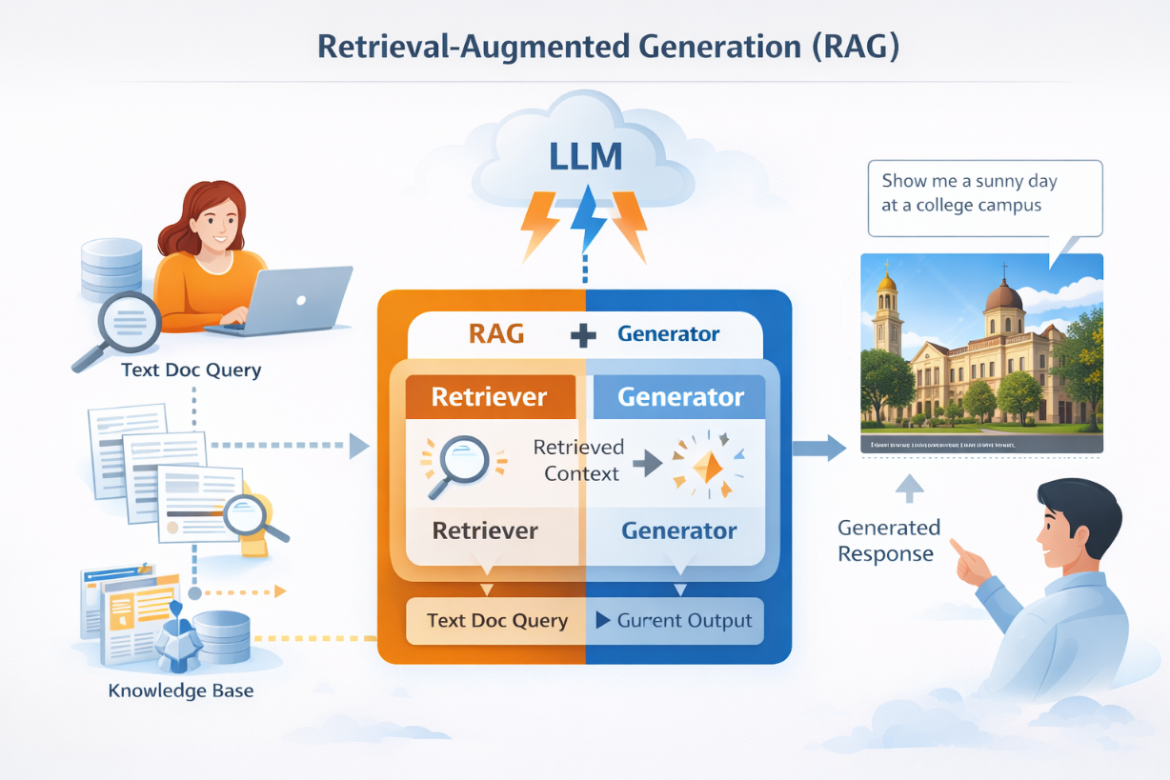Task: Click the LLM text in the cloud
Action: tap(585, 156)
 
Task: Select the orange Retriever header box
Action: tap(490, 396)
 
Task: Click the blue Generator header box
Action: tap(679, 396)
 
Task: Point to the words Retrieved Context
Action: tap(578, 460)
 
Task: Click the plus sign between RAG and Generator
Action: tap(583, 335)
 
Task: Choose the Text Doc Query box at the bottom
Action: tap(496, 621)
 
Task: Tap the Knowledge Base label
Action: tap(181, 690)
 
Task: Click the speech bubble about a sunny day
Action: tap(984, 197)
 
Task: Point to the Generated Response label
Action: tap(888, 540)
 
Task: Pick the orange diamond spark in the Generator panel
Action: tap(705, 465)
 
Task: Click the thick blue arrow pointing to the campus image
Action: tap(818, 447)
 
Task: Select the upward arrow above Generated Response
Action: tap(911, 489)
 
